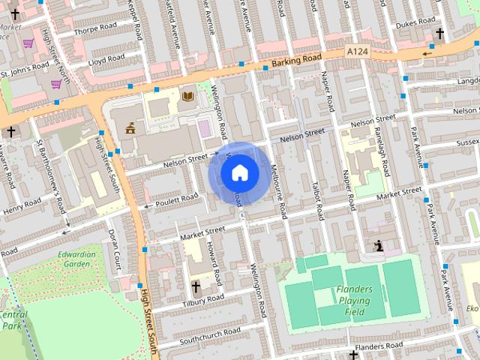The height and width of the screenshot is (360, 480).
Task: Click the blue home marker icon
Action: point(239,173)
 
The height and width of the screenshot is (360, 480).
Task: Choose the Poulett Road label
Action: point(177,199)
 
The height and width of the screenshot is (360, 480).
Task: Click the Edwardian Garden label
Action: point(77,259)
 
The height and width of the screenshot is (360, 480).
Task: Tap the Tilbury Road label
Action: point(203,299)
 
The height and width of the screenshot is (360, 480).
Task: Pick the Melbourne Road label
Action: point(278,191)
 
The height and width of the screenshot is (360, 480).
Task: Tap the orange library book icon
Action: point(187,96)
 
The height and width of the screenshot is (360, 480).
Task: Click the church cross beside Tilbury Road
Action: point(196,286)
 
